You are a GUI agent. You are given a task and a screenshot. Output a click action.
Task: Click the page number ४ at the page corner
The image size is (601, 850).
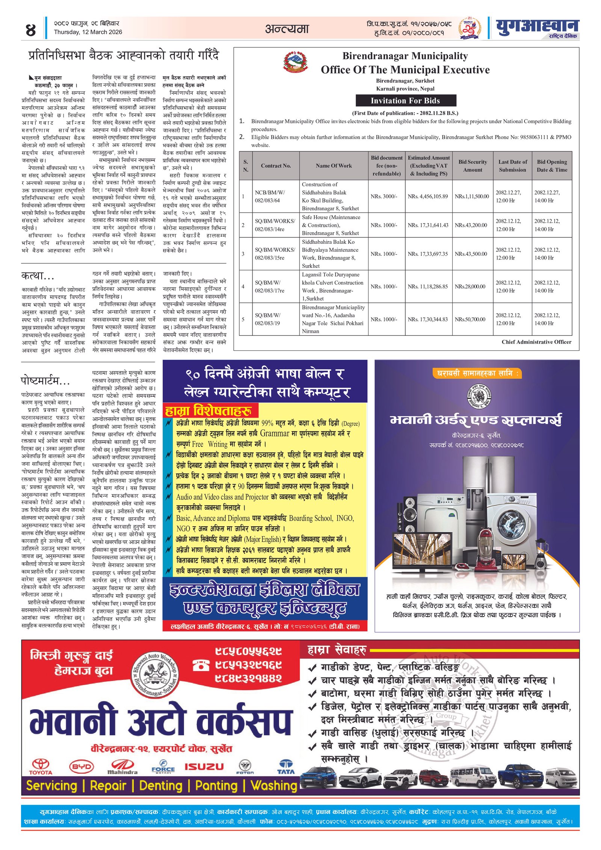pyautogui.click(x=31, y=30)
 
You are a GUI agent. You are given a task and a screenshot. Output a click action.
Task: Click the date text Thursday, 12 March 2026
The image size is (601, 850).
pyautogui.click(x=88, y=32)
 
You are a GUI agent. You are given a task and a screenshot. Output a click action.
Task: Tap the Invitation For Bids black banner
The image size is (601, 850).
pyautogui.click(x=406, y=101)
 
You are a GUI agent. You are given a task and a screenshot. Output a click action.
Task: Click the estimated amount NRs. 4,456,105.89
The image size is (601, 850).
pyautogui.click(x=427, y=196)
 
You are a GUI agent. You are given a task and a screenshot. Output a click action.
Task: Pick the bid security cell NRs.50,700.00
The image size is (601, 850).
pyautogui.click(x=472, y=319)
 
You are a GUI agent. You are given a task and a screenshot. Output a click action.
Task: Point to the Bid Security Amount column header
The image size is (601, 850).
pyautogui.click(x=473, y=166)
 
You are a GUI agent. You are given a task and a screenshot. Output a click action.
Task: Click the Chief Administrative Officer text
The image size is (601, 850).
pyautogui.click(x=536, y=342)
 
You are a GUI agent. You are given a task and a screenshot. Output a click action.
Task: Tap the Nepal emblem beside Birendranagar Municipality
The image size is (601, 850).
pyautogui.click(x=296, y=62)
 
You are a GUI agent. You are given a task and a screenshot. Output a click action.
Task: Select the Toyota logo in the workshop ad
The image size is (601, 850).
pyautogui.click(x=40, y=767)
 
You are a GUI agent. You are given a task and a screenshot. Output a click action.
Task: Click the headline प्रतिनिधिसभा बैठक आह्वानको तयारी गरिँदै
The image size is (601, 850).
pyautogui.click(x=124, y=55)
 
